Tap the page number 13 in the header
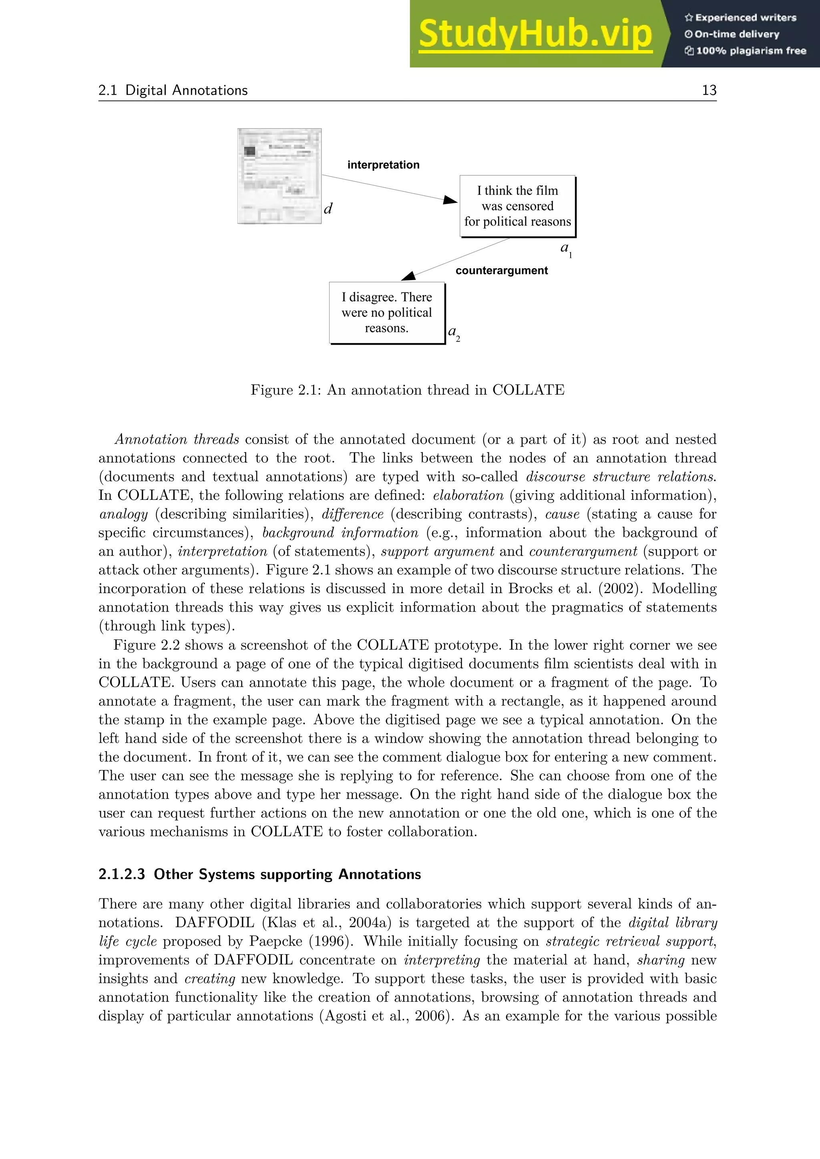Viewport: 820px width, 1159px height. click(709, 90)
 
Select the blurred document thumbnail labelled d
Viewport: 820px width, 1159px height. click(279, 176)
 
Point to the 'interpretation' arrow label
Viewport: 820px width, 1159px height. click(383, 165)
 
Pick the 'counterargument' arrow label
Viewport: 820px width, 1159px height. click(501, 271)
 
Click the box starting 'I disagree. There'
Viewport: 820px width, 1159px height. click(387, 313)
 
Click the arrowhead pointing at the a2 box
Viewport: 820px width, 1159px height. click(408, 276)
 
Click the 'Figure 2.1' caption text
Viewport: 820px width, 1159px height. click(407, 390)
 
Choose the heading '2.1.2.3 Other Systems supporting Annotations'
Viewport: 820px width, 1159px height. click(259, 874)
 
